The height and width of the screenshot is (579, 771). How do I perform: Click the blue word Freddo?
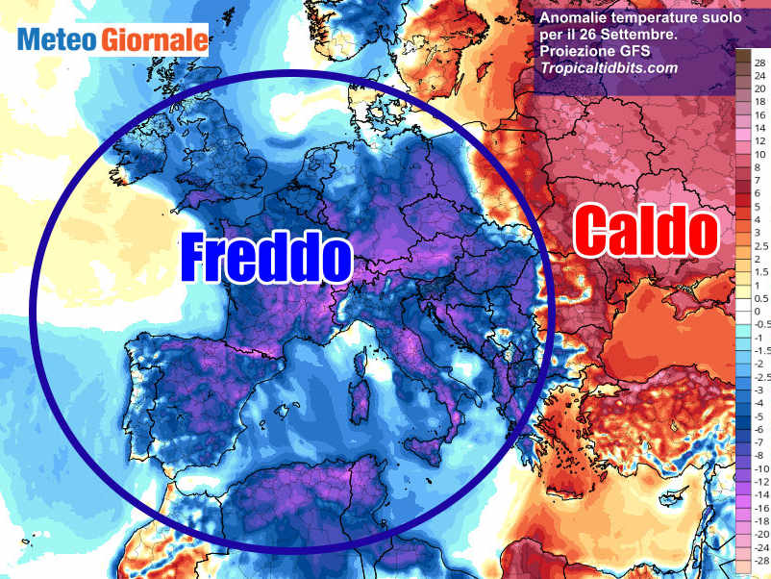(266, 257)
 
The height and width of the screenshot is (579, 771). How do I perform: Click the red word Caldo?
(646, 232)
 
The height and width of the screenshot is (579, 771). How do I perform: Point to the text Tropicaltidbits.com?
(609, 68)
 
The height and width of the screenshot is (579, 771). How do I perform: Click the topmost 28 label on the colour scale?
(759, 62)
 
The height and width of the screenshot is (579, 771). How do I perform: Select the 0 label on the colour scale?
(758, 313)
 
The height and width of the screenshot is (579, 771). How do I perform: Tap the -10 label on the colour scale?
(759, 468)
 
